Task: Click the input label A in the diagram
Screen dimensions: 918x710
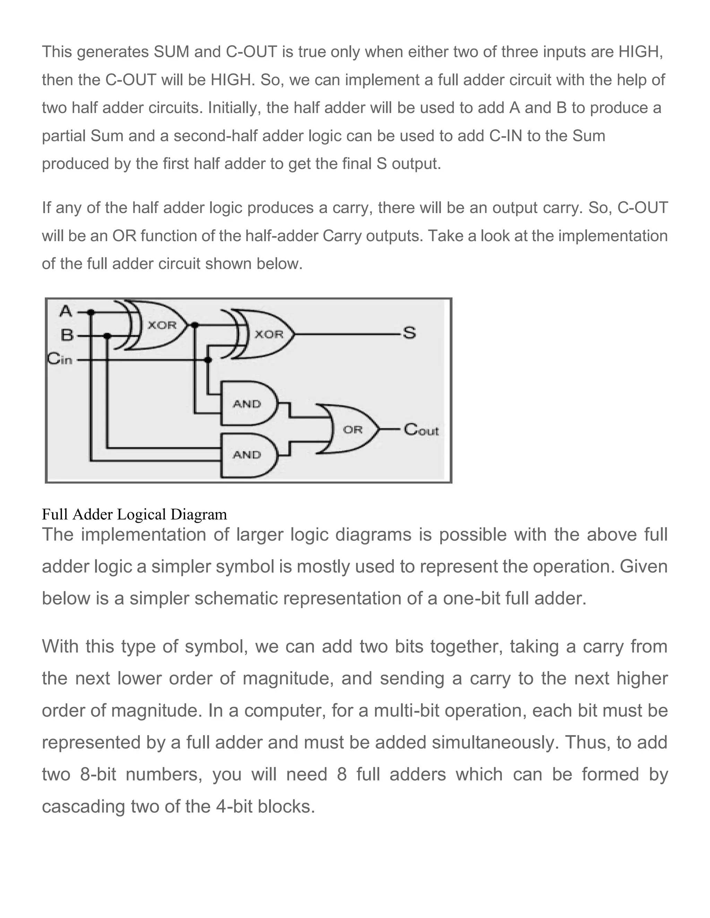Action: coord(66,311)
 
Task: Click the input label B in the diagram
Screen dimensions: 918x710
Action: coord(67,335)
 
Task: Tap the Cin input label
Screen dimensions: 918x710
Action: coord(60,359)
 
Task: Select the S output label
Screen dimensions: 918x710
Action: coord(409,333)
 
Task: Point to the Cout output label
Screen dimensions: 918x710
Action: coord(421,430)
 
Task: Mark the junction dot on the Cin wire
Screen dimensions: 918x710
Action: coord(208,360)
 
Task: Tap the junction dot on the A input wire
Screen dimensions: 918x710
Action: coord(92,312)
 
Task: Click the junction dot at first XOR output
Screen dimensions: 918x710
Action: coord(194,325)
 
